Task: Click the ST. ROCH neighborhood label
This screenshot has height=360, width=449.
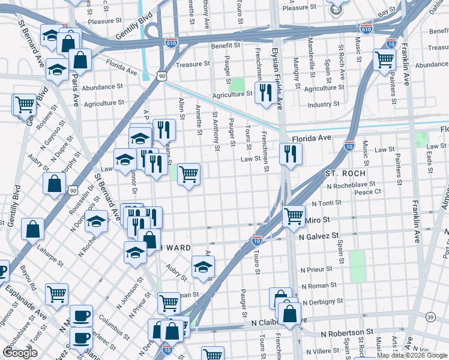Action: pos(345,173)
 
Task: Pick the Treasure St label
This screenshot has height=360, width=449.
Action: pos(193,64)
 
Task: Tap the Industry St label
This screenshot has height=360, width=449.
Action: pos(324,104)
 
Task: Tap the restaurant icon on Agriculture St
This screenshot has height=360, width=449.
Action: pos(264,92)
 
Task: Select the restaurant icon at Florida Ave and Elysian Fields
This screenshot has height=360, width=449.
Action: pos(290,154)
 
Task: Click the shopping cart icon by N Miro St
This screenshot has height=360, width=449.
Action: pos(293,215)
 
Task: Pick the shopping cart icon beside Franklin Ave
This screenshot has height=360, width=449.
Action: pos(384,59)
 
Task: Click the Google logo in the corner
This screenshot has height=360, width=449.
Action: pos(20,353)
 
